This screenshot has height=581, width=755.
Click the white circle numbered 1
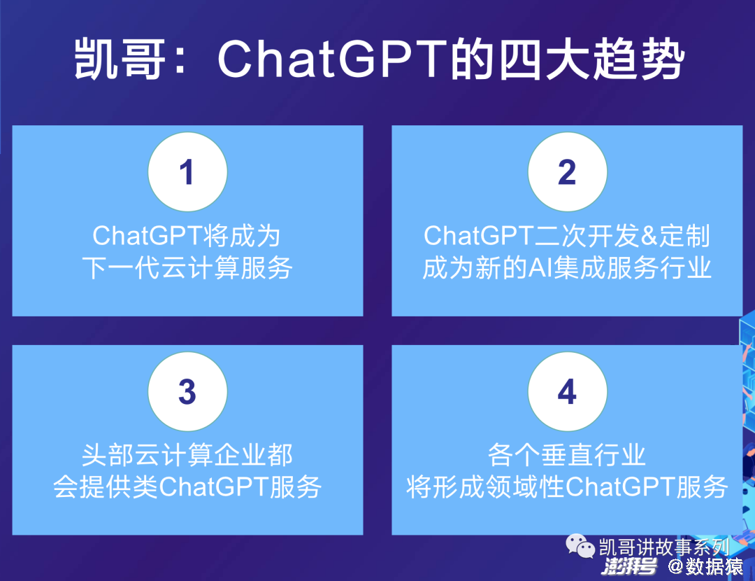187,172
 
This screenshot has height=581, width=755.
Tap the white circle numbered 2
567,172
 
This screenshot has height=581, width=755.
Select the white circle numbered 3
187,391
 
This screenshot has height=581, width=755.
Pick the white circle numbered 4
567,391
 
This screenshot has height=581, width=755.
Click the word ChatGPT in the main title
333,59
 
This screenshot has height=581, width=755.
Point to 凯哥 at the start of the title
120,59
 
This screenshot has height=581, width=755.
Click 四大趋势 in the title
591,59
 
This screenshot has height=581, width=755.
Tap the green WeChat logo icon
580,546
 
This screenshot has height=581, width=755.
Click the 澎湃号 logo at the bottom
629,566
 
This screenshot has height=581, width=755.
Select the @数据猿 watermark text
705,566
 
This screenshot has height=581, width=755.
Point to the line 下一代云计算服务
187,268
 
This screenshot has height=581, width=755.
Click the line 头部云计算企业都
187,455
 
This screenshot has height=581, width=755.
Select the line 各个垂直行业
567,455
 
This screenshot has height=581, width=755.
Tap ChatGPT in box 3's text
213,487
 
